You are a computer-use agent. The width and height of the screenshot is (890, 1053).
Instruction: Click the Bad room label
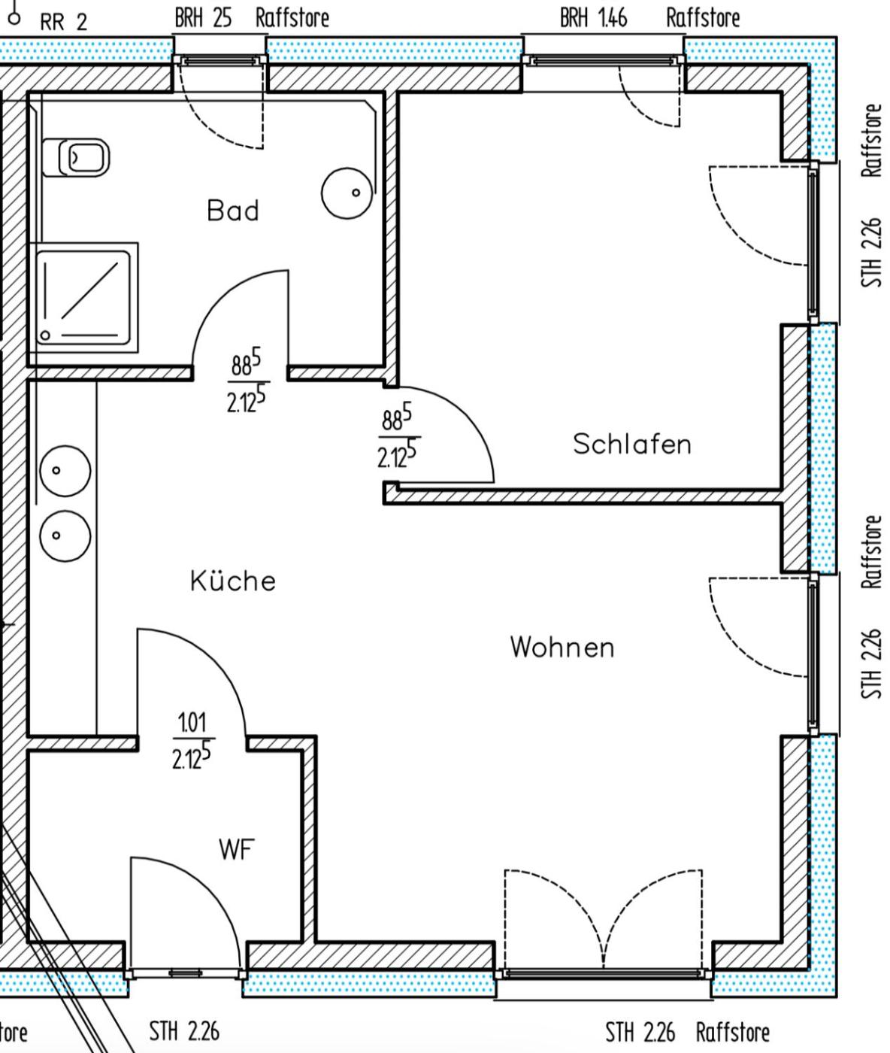tap(233, 211)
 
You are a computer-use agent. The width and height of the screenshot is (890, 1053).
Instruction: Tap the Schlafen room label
tap(632, 444)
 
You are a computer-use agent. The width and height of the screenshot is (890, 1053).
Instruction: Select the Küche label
tap(233, 580)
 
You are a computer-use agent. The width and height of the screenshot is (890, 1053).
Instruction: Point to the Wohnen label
tap(562, 648)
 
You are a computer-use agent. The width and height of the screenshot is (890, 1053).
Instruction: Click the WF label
tap(236, 849)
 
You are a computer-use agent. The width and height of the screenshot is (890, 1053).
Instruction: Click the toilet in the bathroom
tap(76, 157)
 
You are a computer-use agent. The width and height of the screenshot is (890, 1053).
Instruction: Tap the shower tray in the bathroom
tap(83, 298)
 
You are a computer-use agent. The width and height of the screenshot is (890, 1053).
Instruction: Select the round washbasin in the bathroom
tap(347, 193)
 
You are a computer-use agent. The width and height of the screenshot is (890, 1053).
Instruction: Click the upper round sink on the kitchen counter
tap(65, 471)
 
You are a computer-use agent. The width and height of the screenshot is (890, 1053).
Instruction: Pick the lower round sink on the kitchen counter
tap(65, 536)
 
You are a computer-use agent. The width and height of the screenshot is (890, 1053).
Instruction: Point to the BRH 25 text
tap(203, 18)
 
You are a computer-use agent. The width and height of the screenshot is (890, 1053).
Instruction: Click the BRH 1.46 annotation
tap(593, 18)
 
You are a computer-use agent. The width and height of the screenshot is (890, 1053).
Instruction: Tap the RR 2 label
tap(64, 22)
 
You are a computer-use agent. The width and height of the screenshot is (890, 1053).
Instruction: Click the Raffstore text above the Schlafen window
tap(703, 18)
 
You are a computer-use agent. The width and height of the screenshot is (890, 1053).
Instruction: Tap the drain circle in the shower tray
tap(45, 335)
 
